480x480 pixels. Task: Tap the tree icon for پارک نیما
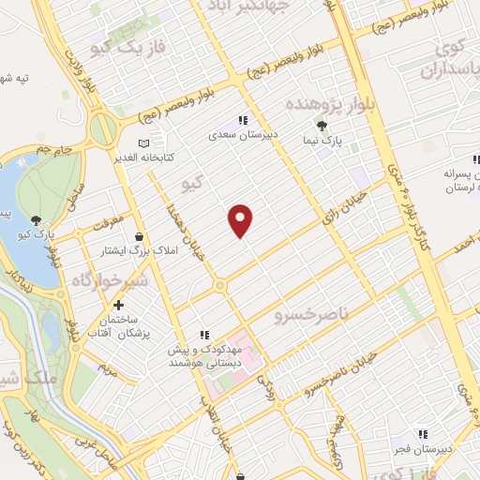(x=323, y=126)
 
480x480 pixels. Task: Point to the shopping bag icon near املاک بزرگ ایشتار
(x=140, y=236)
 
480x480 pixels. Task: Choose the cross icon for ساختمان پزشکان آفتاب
(x=118, y=305)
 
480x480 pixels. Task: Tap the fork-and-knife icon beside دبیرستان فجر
(x=423, y=434)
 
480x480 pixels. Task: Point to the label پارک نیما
(x=328, y=141)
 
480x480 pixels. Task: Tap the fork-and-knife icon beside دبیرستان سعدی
(x=244, y=120)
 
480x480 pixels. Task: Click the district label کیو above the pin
(x=192, y=184)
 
